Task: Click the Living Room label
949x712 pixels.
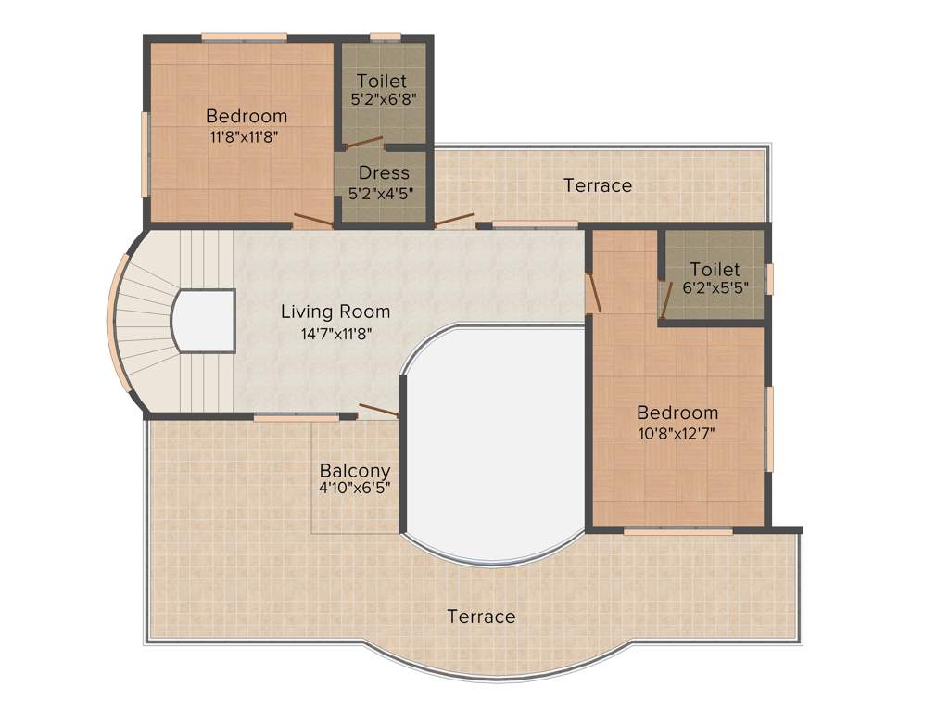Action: [335, 311]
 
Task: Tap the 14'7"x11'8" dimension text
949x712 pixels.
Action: [335, 333]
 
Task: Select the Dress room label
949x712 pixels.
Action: [384, 172]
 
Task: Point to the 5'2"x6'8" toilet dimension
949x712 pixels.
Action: [381, 98]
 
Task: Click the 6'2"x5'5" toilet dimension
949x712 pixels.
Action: [715, 288]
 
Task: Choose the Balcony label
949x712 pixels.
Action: [355, 470]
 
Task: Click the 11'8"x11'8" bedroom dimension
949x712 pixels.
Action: [246, 135]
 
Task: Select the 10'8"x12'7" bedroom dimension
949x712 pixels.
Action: [677, 432]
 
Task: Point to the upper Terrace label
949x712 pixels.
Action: [598, 185]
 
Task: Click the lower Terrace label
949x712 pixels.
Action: [481, 616]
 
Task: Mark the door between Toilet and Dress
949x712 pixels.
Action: [363, 144]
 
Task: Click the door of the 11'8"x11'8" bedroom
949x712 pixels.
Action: [312, 221]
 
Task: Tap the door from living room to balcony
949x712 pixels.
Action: [378, 410]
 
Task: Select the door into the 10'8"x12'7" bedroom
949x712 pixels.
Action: [594, 291]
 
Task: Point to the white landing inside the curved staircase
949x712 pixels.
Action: [204, 321]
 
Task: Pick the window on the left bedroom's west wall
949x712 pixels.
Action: [145, 154]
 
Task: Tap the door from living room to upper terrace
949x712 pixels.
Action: [454, 221]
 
